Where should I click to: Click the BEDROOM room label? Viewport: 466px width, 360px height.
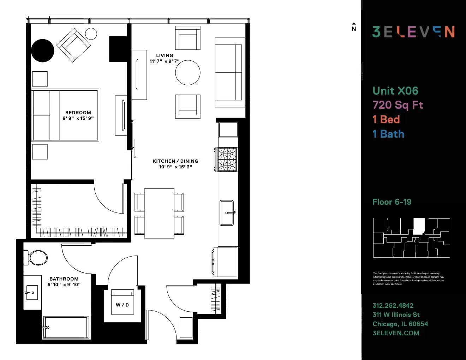pos(78,113)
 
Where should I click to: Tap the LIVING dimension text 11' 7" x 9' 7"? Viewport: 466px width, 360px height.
pos(165,61)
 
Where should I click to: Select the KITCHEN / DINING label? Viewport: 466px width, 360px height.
pos(175,161)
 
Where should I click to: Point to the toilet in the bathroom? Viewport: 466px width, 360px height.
pos(37,258)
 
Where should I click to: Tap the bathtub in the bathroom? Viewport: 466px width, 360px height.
pos(66,328)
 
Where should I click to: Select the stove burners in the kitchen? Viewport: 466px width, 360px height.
pos(227,160)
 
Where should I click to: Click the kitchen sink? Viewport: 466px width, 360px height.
pos(227,212)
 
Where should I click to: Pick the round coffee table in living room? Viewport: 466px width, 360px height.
pos(188,73)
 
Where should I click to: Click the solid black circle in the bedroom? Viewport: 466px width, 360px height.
pos(43,50)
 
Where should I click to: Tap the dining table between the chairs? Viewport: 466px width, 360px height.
pos(159,213)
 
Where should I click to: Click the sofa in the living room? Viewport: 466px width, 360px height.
pos(229,72)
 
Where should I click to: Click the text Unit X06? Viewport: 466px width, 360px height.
pos(395,91)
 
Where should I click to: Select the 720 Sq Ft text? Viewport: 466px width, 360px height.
pos(398,105)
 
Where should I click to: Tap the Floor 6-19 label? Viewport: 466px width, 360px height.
pos(392,202)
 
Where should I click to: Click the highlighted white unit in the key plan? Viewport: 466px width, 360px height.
pos(419,226)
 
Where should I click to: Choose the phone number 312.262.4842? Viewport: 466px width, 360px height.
pos(393,306)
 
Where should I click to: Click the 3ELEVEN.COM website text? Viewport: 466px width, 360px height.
pos(396,333)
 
